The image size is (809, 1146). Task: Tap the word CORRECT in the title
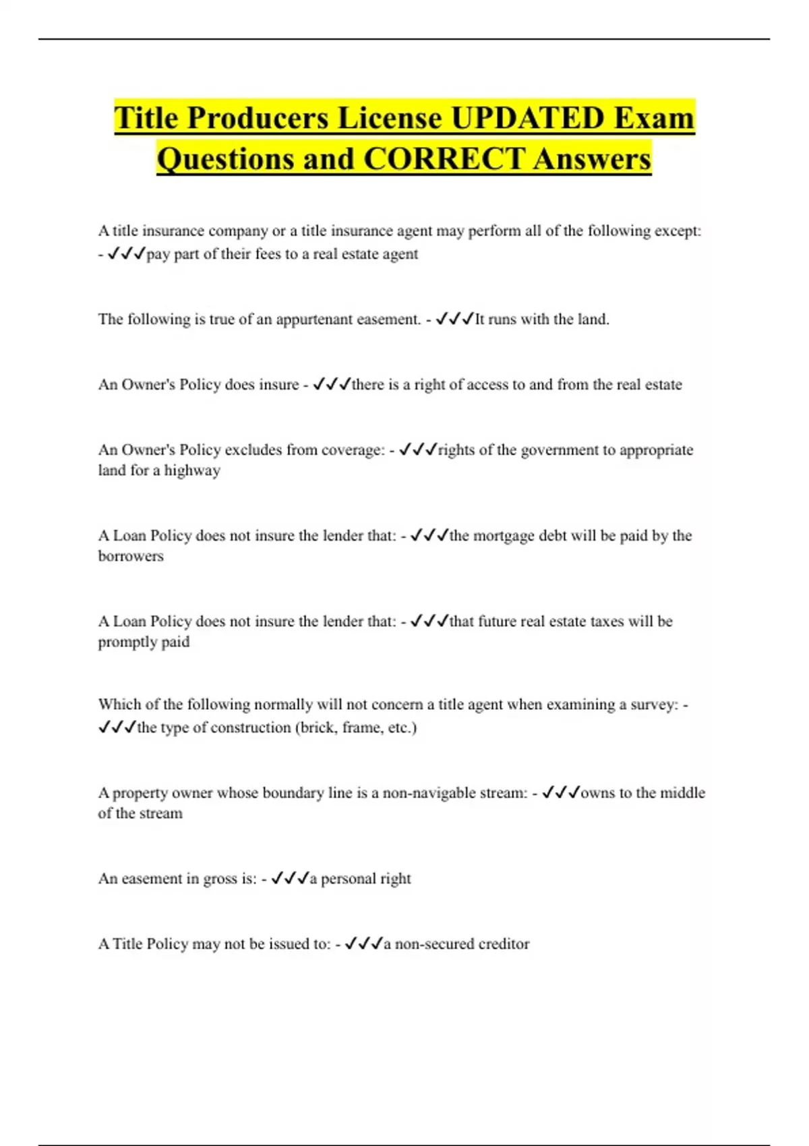[x=444, y=159]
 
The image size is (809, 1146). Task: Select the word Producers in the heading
[x=258, y=118]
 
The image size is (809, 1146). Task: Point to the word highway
[x=192, y=471]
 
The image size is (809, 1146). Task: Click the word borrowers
[x=131, y=556]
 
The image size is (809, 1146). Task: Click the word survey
[x=654, y=704]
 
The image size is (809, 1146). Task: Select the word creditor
[x=504, y=944]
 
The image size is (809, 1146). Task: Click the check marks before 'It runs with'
[x=455, y=319]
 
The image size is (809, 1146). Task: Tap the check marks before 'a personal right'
[x=289, y=878]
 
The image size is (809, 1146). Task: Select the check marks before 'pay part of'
[x=126, y=253]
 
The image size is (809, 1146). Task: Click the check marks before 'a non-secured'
[x=363, y=944]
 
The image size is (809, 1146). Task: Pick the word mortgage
[x=504, y=536]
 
